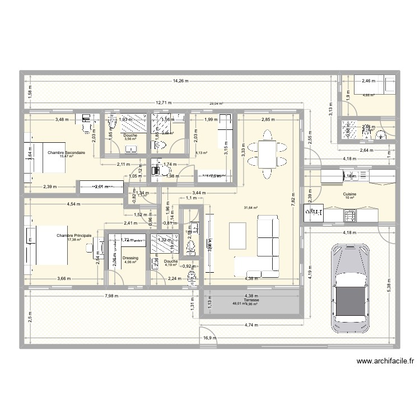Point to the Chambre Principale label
74,236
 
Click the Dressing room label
130,258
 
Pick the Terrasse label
244,300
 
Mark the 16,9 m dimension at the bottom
209,338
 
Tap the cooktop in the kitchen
350,214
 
